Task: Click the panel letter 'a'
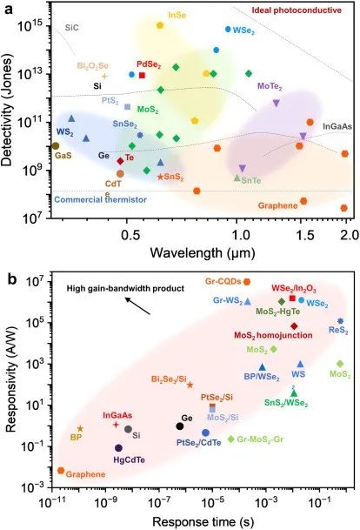(x=10, y=8)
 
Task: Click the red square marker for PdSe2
(x=142, y=75)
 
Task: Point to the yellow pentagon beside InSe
(x=160, y=25)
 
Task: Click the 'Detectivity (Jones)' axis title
(x=11, y=113)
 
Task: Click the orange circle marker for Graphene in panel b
(x=61, y=470)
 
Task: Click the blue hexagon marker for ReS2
(x=340, y=321)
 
